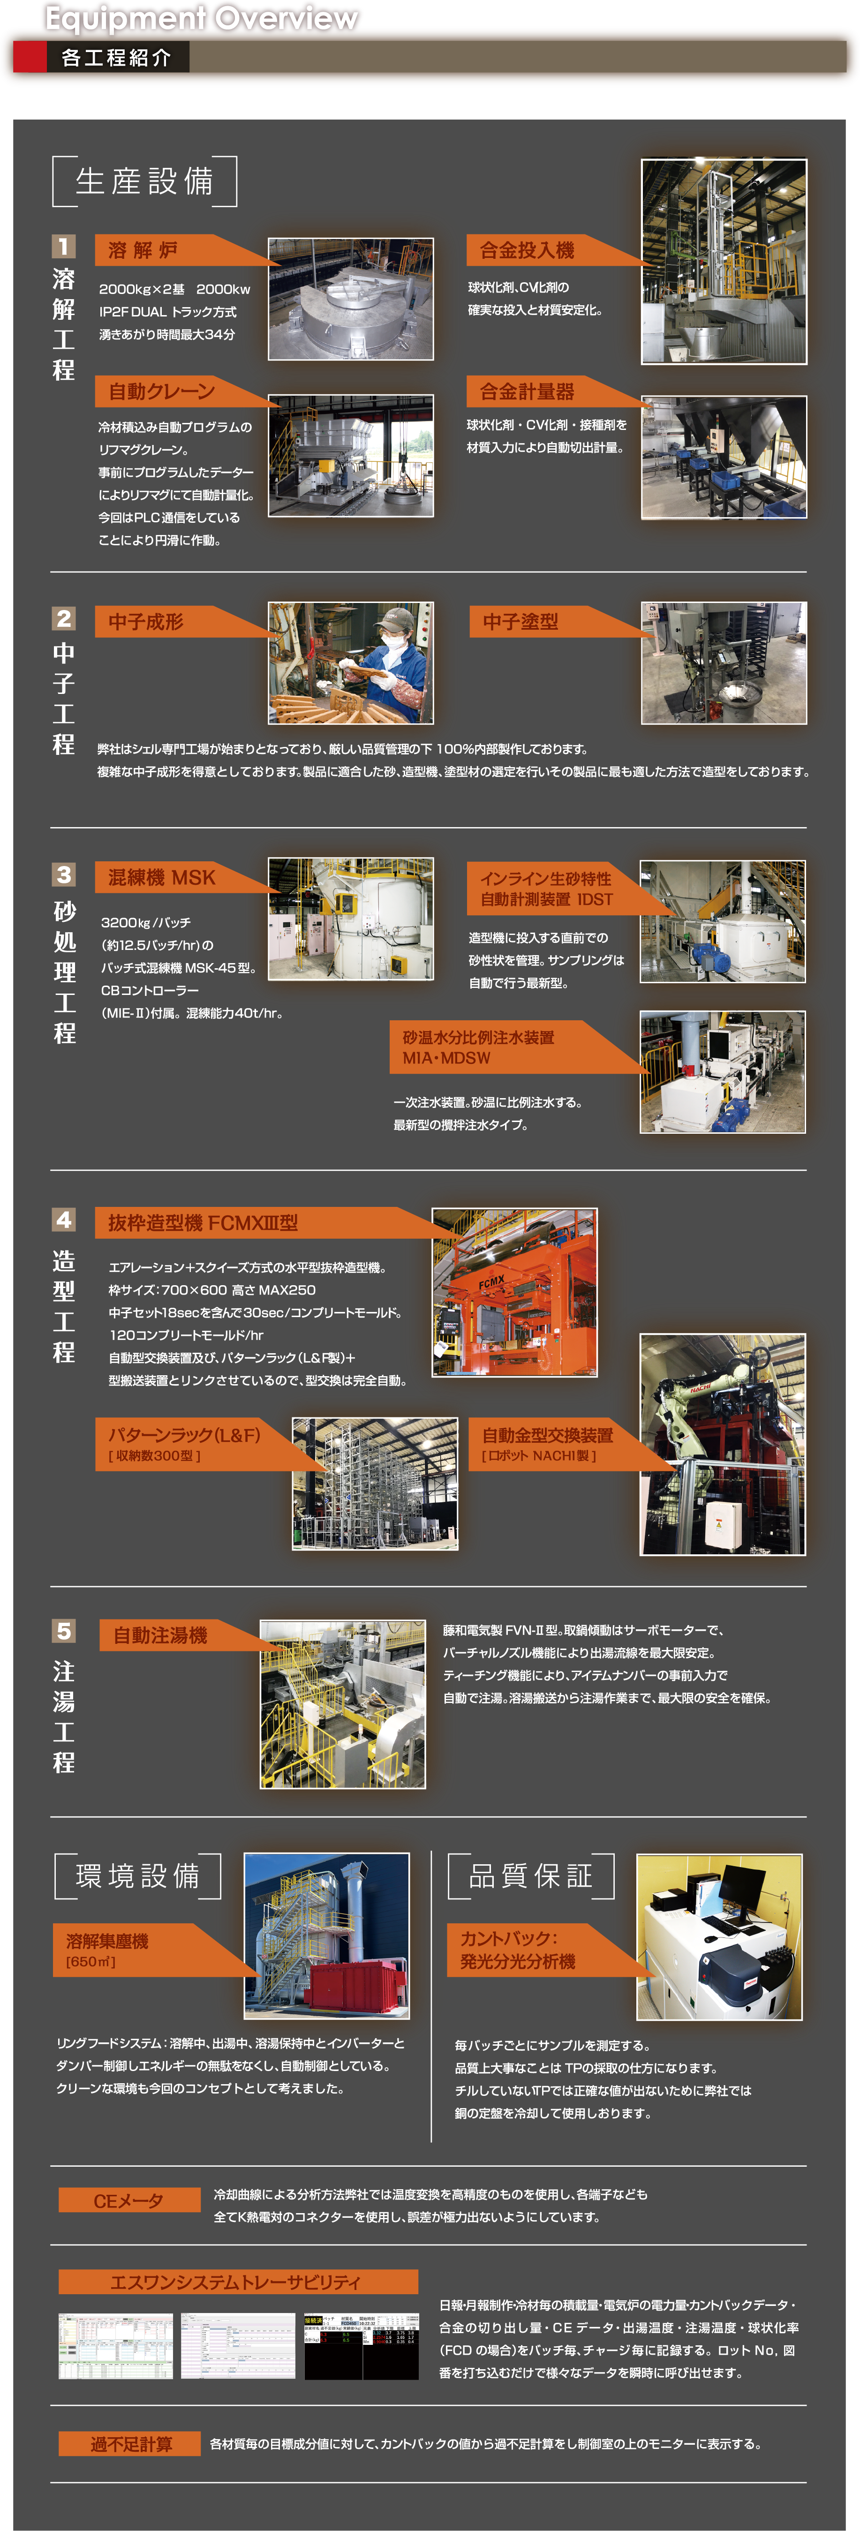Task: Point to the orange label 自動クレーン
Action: coord(162,391)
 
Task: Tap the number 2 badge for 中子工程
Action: coord(64,618)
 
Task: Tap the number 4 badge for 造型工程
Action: coord(64,1220)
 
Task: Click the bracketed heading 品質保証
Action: coord(531,1876)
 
